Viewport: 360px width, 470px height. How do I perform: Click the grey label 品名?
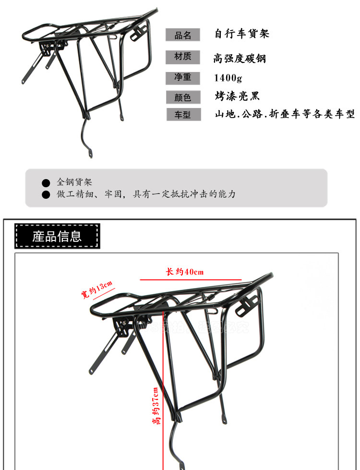coord(183,35)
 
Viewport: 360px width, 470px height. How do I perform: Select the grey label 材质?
coord(183,57)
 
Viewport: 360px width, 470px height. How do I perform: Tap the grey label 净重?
coord(183,77)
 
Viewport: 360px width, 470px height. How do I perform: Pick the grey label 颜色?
coord(183,97)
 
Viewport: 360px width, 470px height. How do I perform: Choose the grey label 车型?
coord(183,115)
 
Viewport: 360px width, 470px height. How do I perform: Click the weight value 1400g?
coord(228,77)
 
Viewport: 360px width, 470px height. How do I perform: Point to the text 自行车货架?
coord(242,34)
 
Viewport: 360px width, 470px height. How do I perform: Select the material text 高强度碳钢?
coord(240,59)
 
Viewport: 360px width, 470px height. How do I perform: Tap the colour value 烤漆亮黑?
coord(237,96)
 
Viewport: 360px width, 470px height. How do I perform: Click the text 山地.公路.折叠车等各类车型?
coord(285,114)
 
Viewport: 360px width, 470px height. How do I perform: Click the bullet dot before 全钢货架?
coord(46,183)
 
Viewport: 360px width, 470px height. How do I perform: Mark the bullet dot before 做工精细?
coord(46,194)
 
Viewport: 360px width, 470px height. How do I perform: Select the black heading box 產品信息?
coord(57,236)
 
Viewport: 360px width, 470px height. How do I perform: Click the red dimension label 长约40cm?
coord(185,272)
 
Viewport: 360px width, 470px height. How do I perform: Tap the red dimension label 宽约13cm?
coord(96,289)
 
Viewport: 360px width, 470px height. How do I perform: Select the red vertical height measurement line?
coord(164,384)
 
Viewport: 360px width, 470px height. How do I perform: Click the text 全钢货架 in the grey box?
coord(74,182)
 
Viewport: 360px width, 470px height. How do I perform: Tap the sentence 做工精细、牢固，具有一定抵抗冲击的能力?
coord(146,194)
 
